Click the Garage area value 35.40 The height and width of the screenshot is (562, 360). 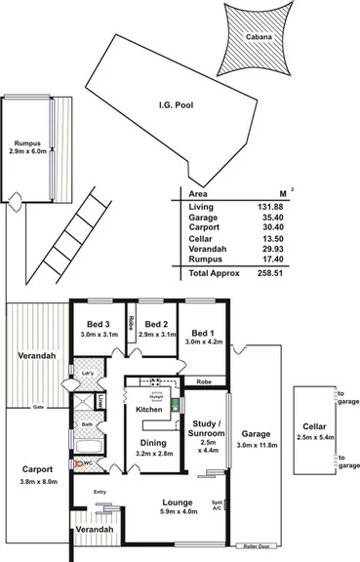[303, 219]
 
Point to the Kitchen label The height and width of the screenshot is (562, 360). [148, 409]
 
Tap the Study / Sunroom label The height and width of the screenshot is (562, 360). [206, 431]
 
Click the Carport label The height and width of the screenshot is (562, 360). [39, 469]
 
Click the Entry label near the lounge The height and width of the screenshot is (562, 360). [100, 493]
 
